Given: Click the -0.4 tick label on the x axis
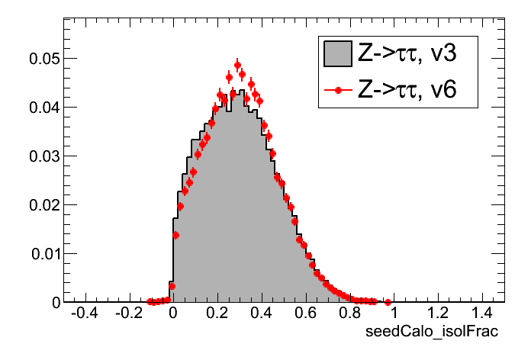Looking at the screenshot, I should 82,314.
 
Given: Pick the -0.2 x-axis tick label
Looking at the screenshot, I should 127,314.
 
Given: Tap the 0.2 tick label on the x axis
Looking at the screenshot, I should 217,314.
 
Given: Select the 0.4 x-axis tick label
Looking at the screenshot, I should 261,314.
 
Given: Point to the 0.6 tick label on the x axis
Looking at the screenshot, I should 305,314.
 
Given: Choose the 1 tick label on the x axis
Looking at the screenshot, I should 394,314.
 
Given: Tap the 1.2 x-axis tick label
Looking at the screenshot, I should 438,314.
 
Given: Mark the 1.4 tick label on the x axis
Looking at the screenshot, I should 482,314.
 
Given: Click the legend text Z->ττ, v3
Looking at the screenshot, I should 407,53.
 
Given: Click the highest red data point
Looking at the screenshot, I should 237,65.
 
